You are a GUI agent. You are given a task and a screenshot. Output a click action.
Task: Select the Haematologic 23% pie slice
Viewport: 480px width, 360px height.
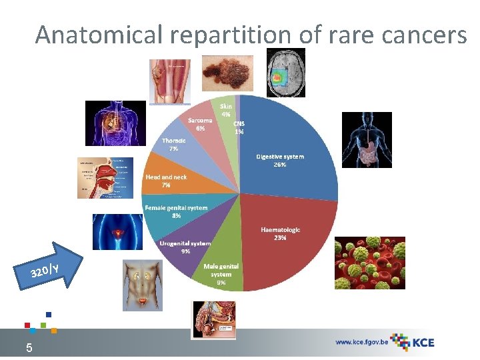pyautogui.click(x=280, y=240)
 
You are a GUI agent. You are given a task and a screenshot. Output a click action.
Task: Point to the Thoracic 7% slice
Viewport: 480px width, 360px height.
pyautogui.click(x=180, y=147)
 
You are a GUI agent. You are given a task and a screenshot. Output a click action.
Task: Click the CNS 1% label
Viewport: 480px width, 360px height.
pyautogui.click(x=239, y=127)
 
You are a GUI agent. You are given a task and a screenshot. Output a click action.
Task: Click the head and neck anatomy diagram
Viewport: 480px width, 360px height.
pyautogui.click(x=104, y=177)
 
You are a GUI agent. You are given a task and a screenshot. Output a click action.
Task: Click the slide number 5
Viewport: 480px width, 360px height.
pyautogui.click(x=29, y=347)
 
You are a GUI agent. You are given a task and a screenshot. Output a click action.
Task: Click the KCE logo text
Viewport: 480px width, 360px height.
pyautogui.click(x=423, y=343)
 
